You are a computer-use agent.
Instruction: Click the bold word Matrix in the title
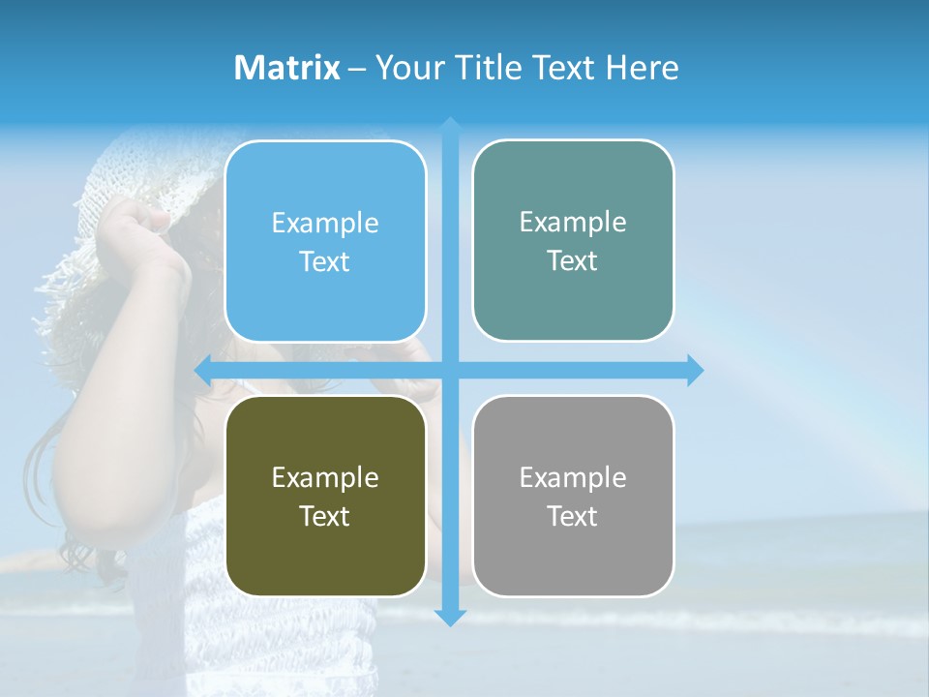(286, 68)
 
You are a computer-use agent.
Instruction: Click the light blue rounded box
(325, 241)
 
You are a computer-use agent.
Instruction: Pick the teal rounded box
(573, 240)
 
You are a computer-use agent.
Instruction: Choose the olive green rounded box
(325, 496)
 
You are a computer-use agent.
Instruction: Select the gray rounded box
(573, 496)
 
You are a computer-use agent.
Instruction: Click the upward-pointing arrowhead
(450, 125)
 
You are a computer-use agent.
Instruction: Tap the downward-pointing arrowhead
(450, 617)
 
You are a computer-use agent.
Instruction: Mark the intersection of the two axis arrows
(450, 370)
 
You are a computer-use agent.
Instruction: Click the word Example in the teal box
(573, 222)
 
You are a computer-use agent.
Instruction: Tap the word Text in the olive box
(325, 516)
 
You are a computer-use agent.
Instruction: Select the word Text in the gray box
(573, 516)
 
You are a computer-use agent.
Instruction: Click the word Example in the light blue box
(325, 223)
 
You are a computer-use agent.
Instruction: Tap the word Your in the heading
(408, 68)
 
